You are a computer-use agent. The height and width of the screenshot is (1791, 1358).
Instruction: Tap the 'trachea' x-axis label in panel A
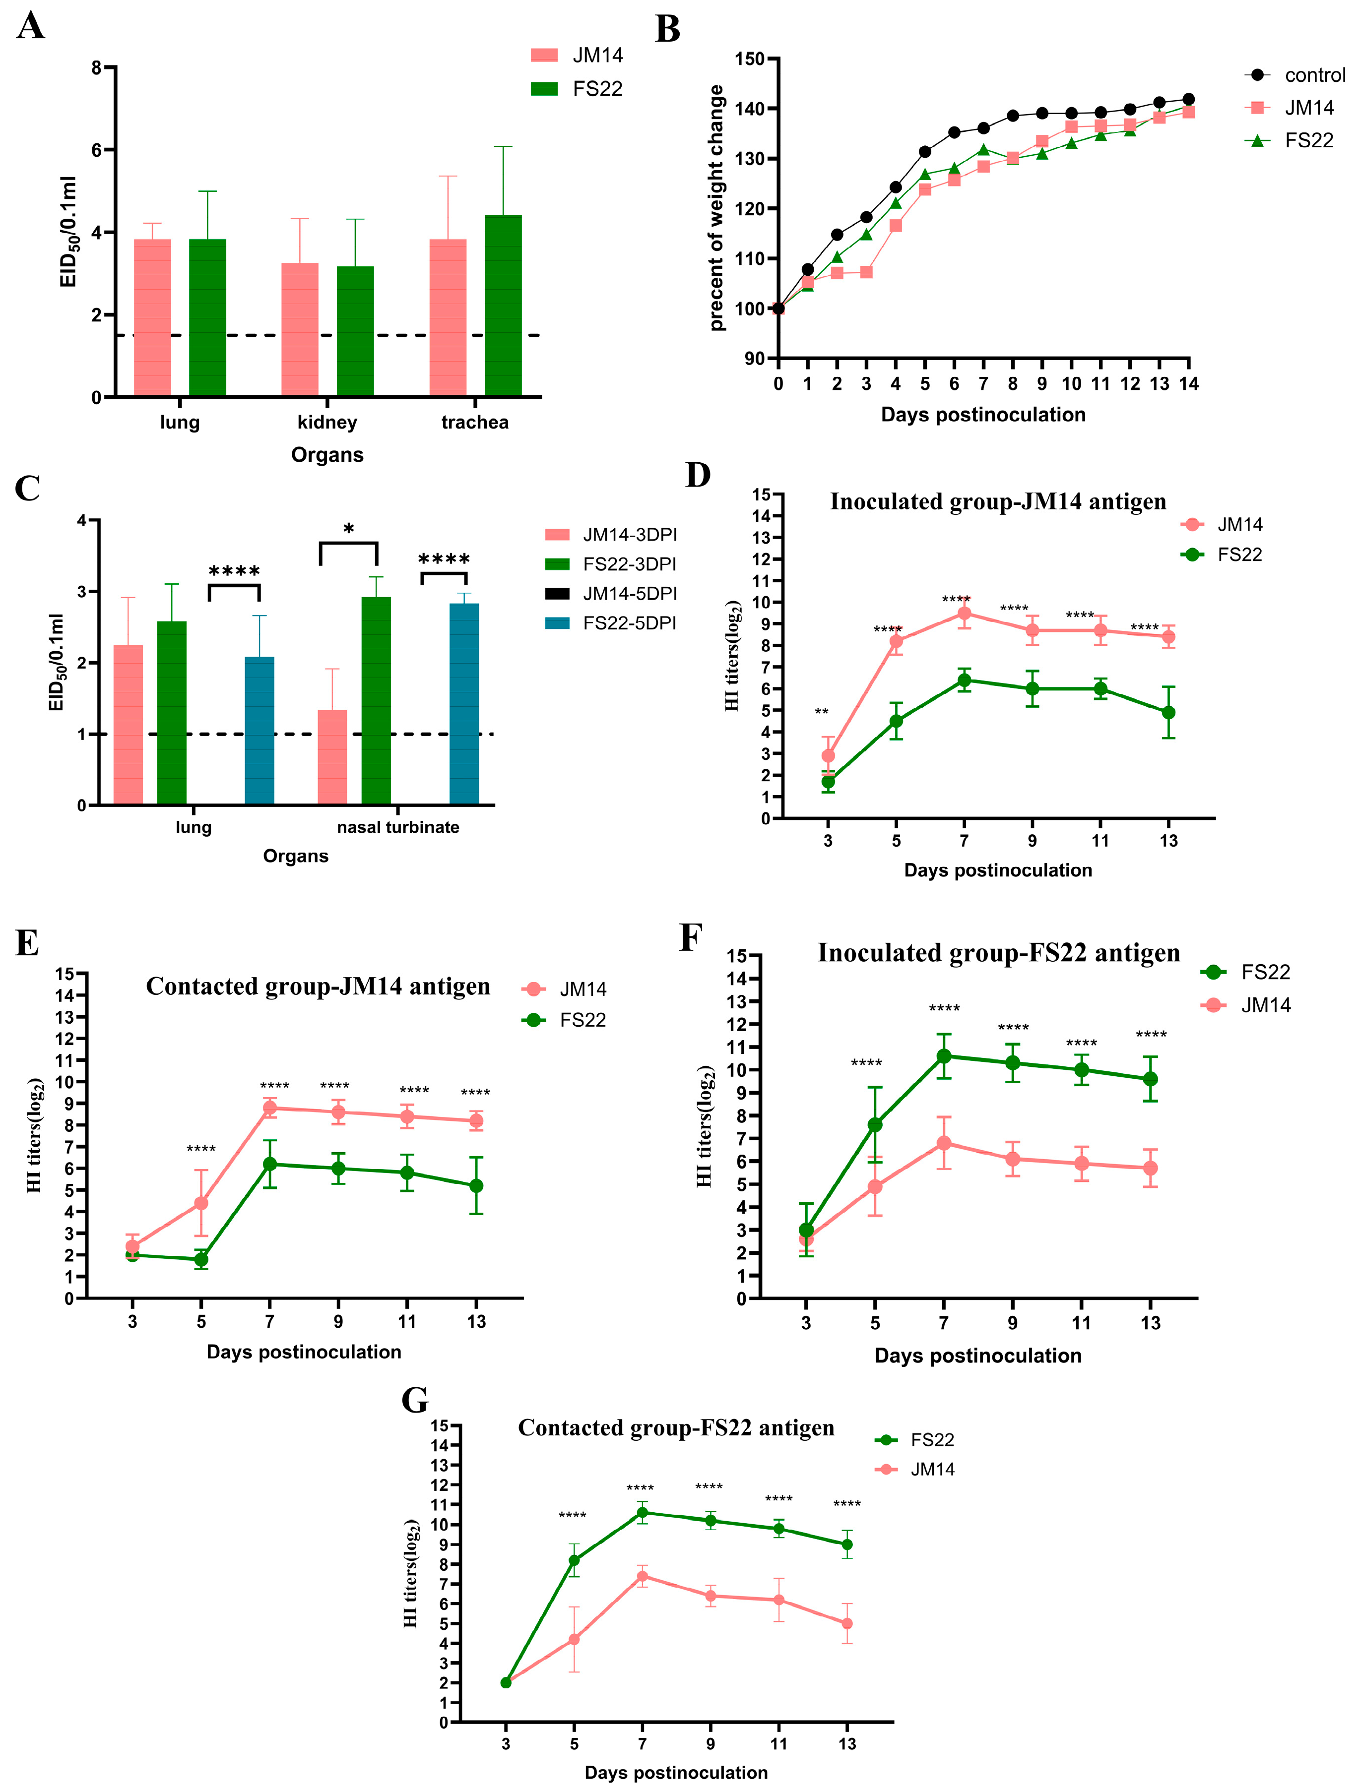pyautogui.click(x=474, y=422)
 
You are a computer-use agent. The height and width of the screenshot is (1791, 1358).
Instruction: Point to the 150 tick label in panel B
pyautogui.click(x=749, y=59)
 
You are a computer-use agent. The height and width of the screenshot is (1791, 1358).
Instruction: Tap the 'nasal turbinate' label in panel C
pyautogui.click(x=397, y=827)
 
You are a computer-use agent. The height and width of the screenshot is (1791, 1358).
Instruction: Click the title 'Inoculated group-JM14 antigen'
pyautogui.click(x=998, y=502)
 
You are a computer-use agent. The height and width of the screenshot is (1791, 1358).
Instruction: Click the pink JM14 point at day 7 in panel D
pyautogui.click(x=964, y=614)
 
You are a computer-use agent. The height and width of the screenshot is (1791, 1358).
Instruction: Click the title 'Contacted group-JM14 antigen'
pyautogui.click(x=318, y=986)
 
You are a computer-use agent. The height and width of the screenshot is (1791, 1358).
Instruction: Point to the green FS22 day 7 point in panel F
pyautogui.click(x=943, y=1056)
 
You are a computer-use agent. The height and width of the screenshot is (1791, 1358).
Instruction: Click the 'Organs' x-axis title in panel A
pyautogui.click(x=327, y=455)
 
